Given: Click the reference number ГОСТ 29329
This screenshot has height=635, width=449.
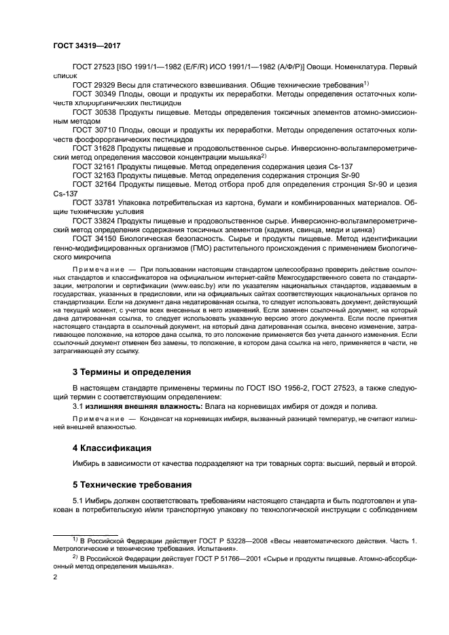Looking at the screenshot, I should click(x=92, y=84).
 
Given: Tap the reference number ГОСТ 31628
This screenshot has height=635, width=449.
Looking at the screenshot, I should click(x=92, y=147).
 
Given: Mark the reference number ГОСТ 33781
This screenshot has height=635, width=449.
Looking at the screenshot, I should click(x=92, y=202).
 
